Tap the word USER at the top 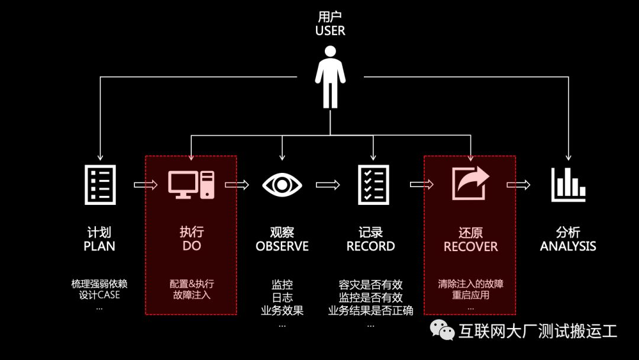tap(330, 31)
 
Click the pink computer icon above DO tap(191, 184)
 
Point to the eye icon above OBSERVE tap(282, 185)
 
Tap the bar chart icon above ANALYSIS tap(569, 185)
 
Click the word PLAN tap(99, 246)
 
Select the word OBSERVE tap(282, 246)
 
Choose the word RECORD tap(371, 246)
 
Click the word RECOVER tap(471, 246)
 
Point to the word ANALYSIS tap(568, 246)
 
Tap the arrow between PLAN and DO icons tap(146, 185)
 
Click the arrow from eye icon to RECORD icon tap(328, 185)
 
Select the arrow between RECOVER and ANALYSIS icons tap(519, 185)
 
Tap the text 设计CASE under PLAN tap(99, 295)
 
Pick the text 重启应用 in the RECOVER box tap(471, 295)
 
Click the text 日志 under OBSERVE tap(282, 297)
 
